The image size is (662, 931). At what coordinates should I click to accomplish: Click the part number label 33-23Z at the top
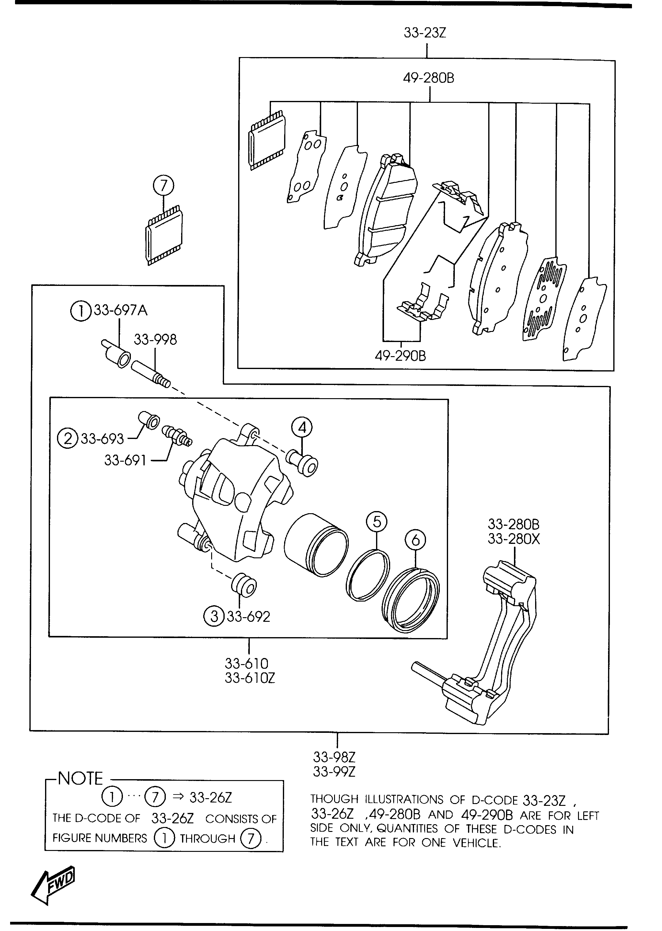tap(425, 33)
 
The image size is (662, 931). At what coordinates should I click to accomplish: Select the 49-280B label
tap(428, 78)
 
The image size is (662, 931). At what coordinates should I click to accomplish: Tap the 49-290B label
tap(400, 356)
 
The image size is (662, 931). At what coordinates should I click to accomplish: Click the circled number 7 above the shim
tap(163, 186)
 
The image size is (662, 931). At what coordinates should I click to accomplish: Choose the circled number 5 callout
tap(377, 522)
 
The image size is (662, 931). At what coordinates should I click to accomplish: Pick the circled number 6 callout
tap(415, 540)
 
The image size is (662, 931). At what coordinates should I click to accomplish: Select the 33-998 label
tap(155, 340)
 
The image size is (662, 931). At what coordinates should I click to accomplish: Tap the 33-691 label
tap(125, 460)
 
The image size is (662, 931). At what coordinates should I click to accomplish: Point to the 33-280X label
tap(514, 539)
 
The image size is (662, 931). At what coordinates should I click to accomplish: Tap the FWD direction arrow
tap(53, 885)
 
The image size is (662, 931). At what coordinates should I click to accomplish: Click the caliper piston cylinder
tap(316, 545)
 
